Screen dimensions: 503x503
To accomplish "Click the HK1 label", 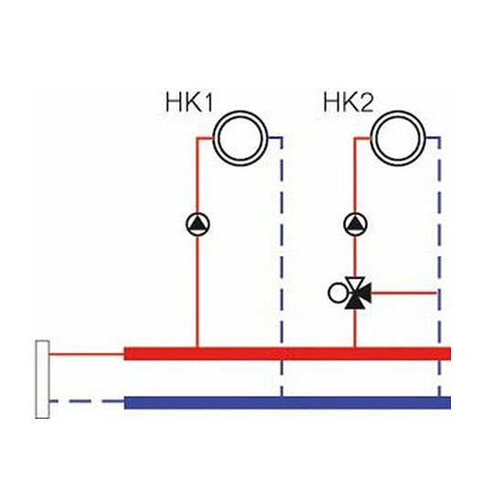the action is click(x=189, y=102).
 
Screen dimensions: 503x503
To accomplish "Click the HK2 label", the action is click(x=348, y=102).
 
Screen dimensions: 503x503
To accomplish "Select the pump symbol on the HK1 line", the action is click(x=198, y=224).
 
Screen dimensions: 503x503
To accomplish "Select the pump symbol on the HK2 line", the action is click(x=355, y=224).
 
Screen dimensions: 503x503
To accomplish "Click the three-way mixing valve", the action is click(x=357, y=293).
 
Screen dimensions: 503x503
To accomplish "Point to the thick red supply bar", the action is click(x=287, y=353).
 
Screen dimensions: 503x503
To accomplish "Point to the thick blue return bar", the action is click(x=287, y=402).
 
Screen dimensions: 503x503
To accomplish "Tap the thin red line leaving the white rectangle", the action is click(x=87, y=354).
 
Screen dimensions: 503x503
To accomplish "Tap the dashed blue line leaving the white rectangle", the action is click(x=87, y=401).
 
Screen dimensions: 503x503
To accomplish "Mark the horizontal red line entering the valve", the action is click(x=403, y=293).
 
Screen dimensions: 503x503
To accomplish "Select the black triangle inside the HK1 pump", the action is click(x=198, y=223).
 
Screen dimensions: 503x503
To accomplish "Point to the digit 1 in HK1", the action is click(x=208, y=102).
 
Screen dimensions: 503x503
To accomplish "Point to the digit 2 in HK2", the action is click(x=367, y=102).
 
